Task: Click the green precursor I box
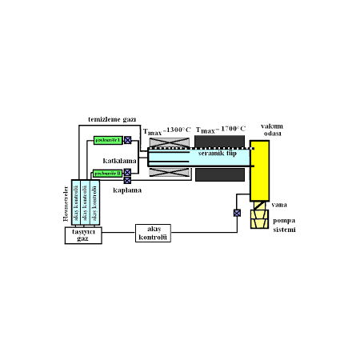tap(107, 140)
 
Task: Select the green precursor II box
tap(107, 172)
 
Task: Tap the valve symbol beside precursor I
tap(127, 140)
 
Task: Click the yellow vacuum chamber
tap(260, 170)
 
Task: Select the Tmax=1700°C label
tap(221, 129)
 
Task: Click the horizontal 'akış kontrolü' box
tap(154, 234)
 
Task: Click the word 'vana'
tap(279, 205)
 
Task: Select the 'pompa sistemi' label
tap(284, 225)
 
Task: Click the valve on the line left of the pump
tap(237, 213)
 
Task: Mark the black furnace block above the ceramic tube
tap(220, 142)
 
